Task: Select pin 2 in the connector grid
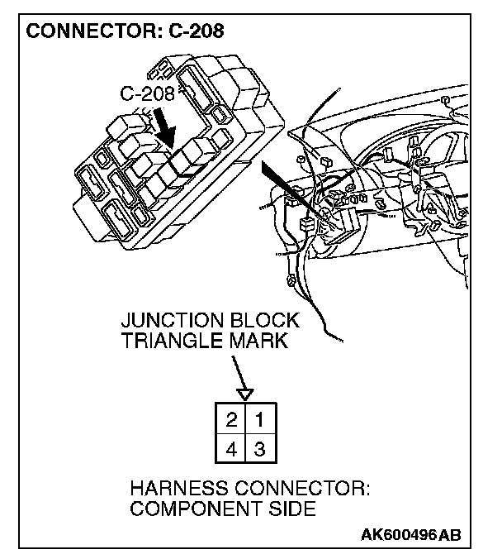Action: point(232,419)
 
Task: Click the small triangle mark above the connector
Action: point(245,394)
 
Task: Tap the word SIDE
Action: point(289,509)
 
